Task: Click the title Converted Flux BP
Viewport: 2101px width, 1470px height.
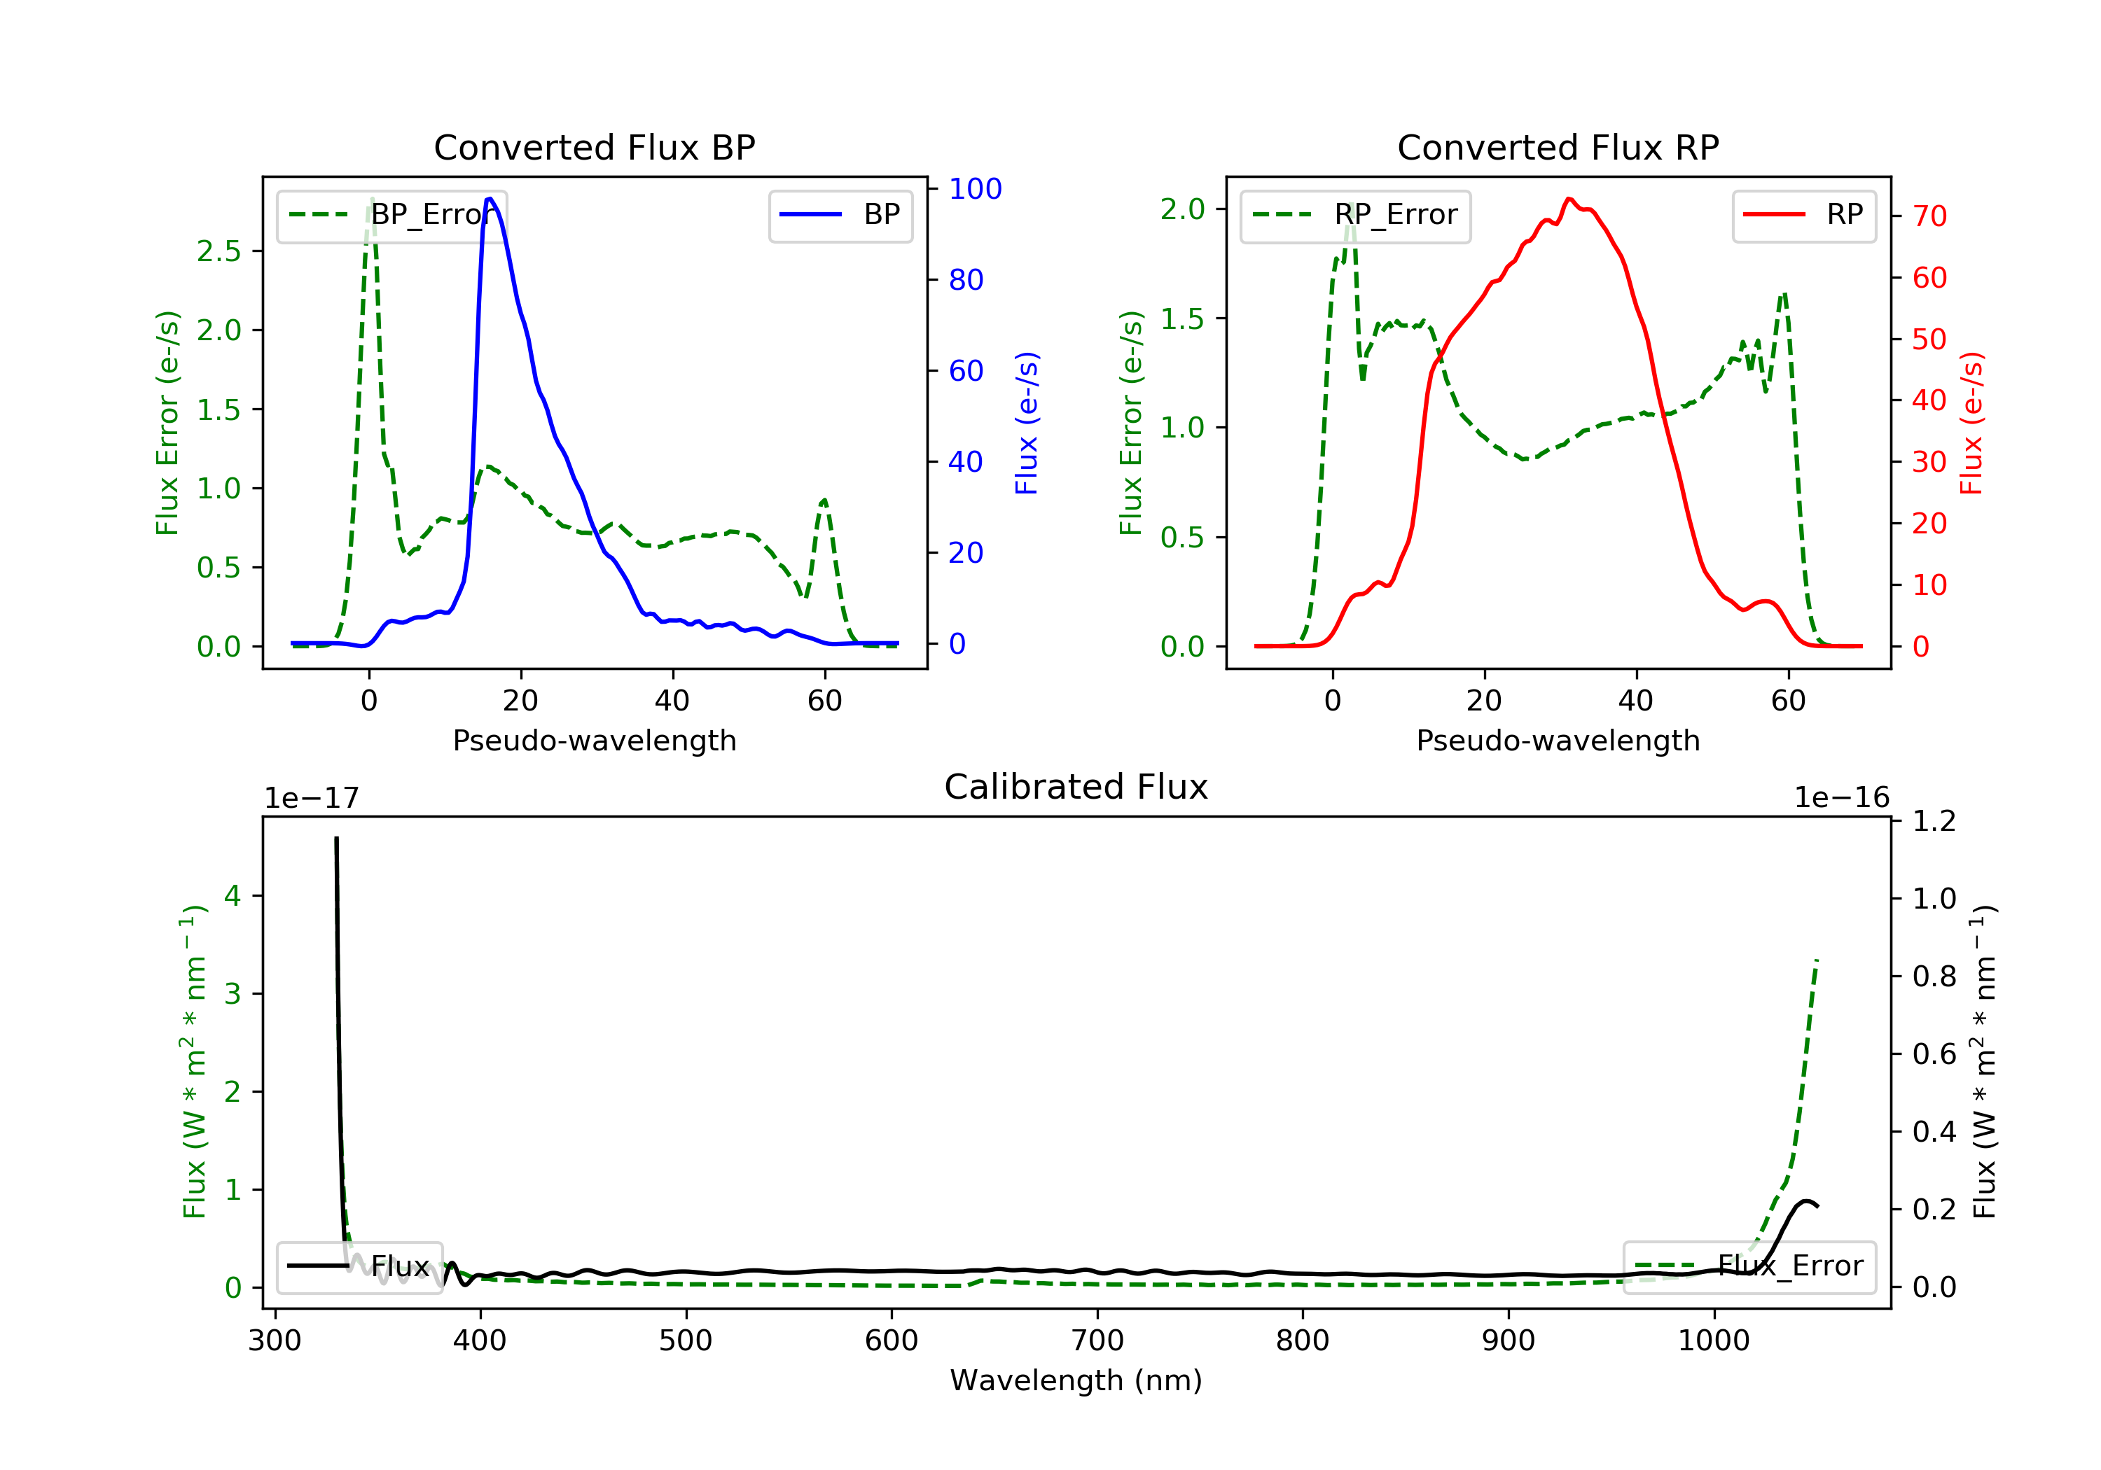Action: coord(594,147)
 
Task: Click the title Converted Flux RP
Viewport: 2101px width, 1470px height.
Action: coord(1558,147)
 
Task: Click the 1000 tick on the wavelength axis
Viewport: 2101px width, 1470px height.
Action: coord(1713,1341)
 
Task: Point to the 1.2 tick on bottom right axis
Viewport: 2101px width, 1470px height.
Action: coord(1934,821)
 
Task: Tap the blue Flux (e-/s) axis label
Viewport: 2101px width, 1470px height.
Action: coord(1027,423)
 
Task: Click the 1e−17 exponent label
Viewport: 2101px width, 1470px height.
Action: coord(311,799)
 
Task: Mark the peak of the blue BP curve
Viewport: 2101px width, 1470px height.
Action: coord(490,199)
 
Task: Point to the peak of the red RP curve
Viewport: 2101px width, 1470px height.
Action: coord(1569,199)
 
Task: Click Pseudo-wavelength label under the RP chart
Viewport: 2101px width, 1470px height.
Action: coord(1558,740)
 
